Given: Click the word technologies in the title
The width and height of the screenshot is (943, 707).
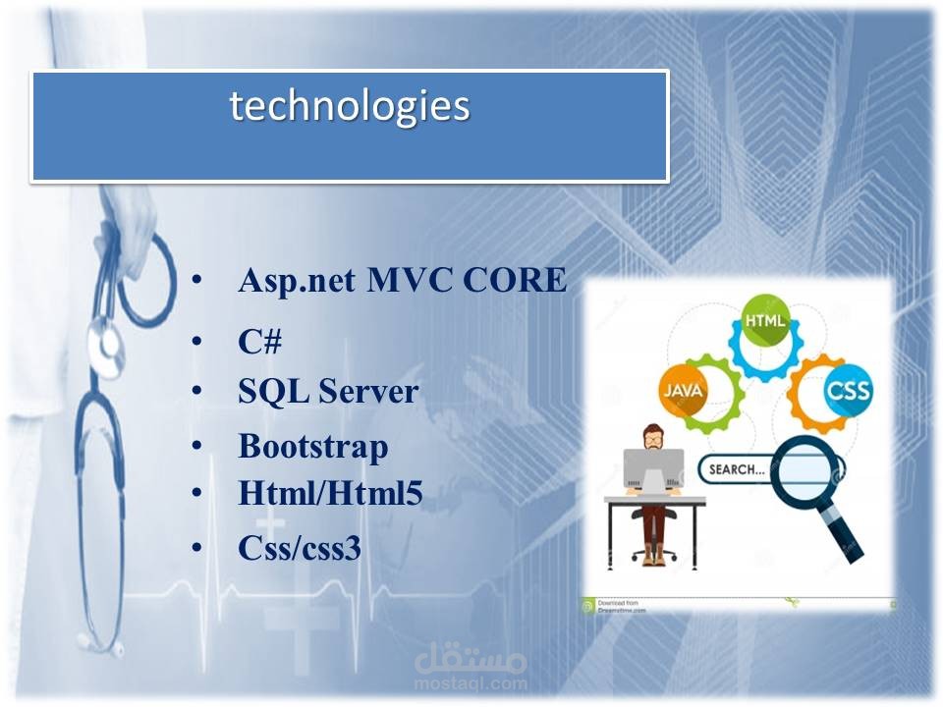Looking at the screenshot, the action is tap(350, 106).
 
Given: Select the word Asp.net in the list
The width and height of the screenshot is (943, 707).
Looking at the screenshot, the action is tap(297, 281).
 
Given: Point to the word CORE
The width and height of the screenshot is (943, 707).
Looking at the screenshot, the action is tap(515, 280).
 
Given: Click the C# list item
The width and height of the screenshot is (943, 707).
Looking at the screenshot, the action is tap(259, 342).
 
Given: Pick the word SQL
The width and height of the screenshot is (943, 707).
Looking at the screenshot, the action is tap(274, 392).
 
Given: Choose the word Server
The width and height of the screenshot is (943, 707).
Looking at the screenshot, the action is tap(368, 392).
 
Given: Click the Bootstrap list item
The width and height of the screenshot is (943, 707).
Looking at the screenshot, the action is tap(313, 447).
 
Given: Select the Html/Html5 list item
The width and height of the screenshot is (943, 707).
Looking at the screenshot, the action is tap(330, 493).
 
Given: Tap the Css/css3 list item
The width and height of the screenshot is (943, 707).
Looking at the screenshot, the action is tap(300, 548).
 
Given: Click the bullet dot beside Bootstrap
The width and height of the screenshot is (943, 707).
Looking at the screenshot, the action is tap(196, 446).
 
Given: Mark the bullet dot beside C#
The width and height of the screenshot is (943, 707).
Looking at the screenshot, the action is tap(196, 341).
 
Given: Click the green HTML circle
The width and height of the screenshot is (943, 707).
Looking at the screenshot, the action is tap(765, 320).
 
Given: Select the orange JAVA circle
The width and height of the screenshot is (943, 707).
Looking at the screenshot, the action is tap(684, 391).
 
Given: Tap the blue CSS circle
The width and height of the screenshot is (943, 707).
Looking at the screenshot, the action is tap(848, 391).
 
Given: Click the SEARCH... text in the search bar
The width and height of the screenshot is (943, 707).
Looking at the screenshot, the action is tap(737, 469).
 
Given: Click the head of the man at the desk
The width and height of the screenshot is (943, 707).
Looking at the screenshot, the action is tap(652, 436).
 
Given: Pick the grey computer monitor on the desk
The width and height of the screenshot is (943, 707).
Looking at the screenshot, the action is tap(654, 469).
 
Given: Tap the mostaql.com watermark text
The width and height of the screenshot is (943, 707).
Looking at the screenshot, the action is tap(471, 683).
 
